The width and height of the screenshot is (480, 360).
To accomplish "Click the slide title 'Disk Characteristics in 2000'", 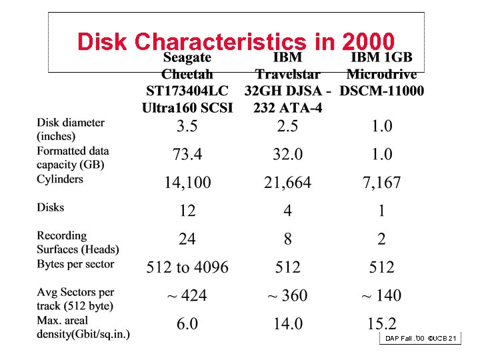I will click(x=236, y=41).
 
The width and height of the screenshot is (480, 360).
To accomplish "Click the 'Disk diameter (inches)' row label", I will click(x=71, y=129).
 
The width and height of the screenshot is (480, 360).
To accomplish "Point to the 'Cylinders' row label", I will click(x=60, y=179).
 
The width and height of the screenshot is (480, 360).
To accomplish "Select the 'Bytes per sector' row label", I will click(x=75, y=264).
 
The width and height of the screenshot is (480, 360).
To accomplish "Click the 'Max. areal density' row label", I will click(x=83, y=327).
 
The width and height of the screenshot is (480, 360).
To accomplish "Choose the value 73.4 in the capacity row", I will click(x=187, y=155).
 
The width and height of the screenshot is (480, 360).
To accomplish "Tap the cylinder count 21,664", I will click(x=287, y=183).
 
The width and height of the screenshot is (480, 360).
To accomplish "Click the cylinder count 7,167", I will click(x=381, y=183).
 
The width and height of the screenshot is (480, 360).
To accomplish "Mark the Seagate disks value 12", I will click(x=187, y=211).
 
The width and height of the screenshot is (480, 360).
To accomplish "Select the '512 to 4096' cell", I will click(x=187, y=268).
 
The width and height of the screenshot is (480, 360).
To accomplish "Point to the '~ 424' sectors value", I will click(x=187, y=296).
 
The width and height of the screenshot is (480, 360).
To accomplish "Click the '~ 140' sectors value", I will click(x=381, y=296).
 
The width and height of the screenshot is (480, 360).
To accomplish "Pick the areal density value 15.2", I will click(x=381, y=325).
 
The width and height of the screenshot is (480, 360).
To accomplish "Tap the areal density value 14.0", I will click(x=287, y=325).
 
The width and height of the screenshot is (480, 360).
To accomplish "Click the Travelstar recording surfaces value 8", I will click(x=287, y=239).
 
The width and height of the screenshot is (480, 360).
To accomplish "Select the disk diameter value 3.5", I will click(x=187, y=126).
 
